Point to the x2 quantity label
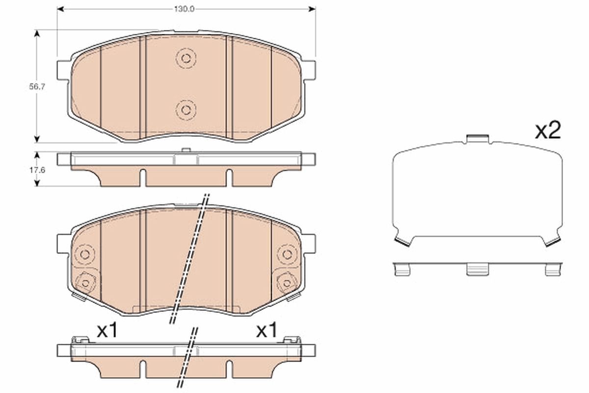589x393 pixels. [x=547, y=131]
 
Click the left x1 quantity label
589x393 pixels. [x=107, y=331]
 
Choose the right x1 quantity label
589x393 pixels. [x=267, y=331]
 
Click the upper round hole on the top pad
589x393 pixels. [x=186, y=58]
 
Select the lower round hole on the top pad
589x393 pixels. [x=186, y=109]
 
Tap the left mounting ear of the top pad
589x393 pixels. [x=64, y=70]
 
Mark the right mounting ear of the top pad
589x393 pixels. [x=309, y=70]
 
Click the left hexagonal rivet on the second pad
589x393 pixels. [x=86, y=282]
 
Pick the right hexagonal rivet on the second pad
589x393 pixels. [x=286, y=282]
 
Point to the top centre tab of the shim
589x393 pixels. [x=477, y=139]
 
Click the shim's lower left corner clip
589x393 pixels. [x=403, y=241]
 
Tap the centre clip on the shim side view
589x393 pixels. [x=477, y=269]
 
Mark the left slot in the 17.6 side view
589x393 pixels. [x=142, y=177]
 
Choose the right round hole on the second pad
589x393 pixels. [x=286, y=254]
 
